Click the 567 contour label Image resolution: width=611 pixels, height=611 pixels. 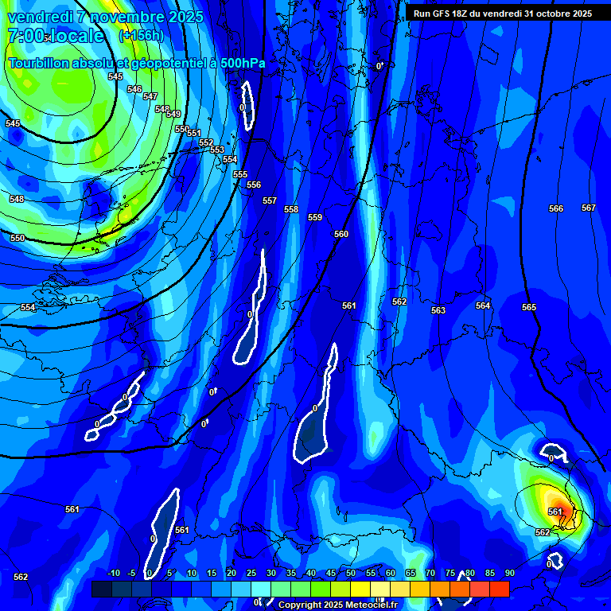(x=588, y=208)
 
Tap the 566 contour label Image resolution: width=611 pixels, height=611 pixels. (x=556, y=208)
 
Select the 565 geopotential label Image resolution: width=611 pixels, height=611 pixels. (x=529, y=307)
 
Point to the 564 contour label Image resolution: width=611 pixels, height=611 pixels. (x=483, y=305)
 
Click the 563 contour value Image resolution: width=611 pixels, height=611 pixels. (x=438, y=310)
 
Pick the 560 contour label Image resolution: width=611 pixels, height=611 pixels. (x=341, y=234)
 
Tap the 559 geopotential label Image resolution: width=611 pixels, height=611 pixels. (x=315, y=217)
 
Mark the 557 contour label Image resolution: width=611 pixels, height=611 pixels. (x=270, y=200)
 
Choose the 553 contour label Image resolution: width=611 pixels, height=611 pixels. (x=217, y=150)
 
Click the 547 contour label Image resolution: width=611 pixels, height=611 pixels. (x=150, y=96)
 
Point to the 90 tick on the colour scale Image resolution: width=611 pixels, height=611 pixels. (x=509, y=573)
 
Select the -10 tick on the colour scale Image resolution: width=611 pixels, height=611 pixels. (x=114, y=573)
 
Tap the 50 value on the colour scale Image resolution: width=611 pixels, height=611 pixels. (x=351, y=573)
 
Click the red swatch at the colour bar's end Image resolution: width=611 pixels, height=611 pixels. (x=500, y=589)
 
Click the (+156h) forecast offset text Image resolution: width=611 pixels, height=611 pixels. (x=141, y=35)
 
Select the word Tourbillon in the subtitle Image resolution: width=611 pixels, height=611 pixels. (x=40, y=63)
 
